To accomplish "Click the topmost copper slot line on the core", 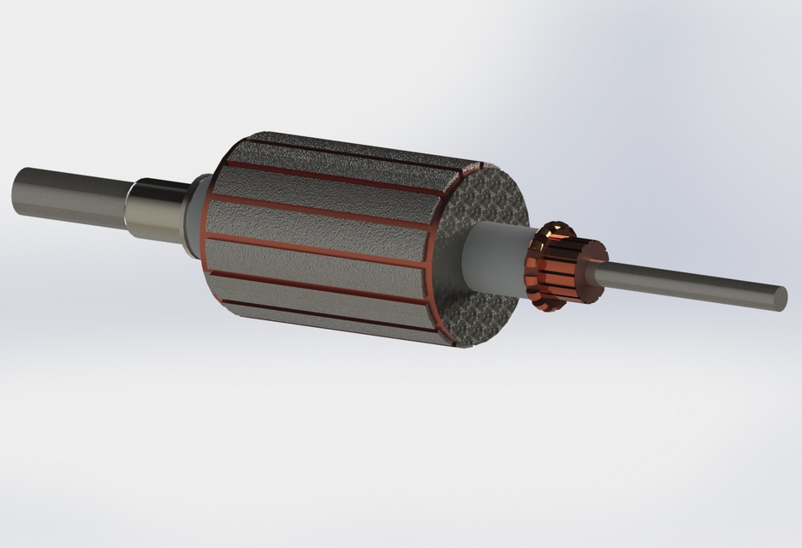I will click(359, 149).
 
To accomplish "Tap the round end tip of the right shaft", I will click(781, 296).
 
